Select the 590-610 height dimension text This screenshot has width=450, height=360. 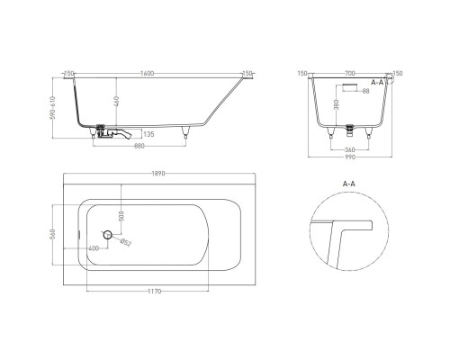[x=56, y=112]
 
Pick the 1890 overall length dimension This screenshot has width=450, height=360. [x=158, y=173]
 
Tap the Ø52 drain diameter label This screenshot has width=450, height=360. [x=125, y=243]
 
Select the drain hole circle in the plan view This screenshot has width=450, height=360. [x=108, y=235]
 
